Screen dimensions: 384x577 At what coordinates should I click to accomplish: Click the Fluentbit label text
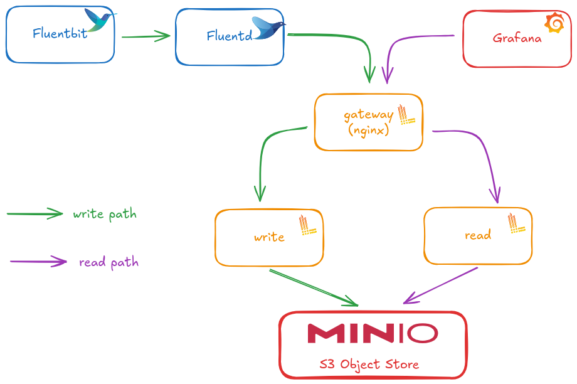60,33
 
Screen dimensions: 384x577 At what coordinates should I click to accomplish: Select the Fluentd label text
230,36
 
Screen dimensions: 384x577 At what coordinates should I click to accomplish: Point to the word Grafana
517,38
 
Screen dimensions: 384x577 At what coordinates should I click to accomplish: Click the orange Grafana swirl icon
554,24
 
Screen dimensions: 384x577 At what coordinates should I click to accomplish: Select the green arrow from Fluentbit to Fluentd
146,36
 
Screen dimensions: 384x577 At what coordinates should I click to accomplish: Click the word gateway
368,115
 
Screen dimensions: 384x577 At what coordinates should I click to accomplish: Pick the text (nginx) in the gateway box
368,131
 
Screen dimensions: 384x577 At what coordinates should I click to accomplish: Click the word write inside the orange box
269,237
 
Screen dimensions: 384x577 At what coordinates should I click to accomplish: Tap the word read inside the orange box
477,235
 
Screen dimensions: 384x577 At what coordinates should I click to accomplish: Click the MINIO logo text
373,333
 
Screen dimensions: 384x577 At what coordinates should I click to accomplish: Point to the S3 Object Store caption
369,364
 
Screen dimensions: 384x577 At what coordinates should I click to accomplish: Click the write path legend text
104,214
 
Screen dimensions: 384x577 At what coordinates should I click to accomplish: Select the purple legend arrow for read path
39,262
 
